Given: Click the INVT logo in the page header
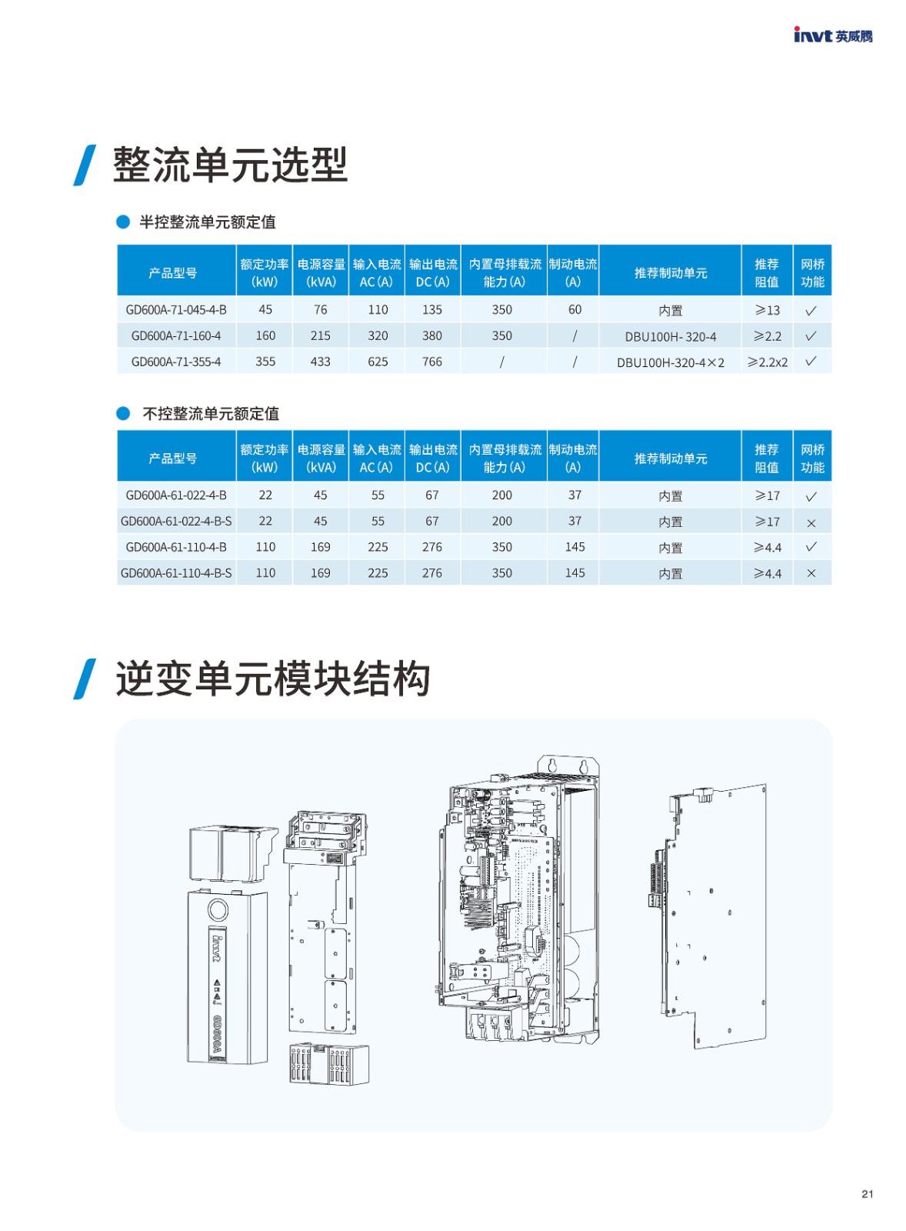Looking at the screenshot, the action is click(x=833, y=35).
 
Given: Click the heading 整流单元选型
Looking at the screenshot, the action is click(x=230, y=165).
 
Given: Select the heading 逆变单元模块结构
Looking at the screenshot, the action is click(x=272, y=679).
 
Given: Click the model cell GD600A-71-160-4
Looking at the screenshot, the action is click(x=176, y=335).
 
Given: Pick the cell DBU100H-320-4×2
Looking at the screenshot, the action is click(x=671, y=362).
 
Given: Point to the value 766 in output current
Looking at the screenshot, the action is click(x=431, y=362).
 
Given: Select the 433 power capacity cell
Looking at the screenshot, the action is click(x=320, y=362).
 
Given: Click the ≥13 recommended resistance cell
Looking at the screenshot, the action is click(x=767, y=310).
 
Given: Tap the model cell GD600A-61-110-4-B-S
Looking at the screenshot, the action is click(x=176, y=573).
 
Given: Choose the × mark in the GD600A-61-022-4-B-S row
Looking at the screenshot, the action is click(x=811, y=523).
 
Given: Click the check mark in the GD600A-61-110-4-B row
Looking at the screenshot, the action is click(x=811, y=546).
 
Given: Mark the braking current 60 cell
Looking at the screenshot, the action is click(x=575, y=309).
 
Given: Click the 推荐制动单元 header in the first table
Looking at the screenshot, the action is click(x=671, y=273).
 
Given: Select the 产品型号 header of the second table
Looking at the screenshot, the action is click(x=173, y=459).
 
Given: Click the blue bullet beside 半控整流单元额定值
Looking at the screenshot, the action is click(x=123, y=222).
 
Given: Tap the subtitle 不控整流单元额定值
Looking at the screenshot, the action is click(x=211, y=413).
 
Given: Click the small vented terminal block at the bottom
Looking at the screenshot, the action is click(x=329, y=1064).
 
